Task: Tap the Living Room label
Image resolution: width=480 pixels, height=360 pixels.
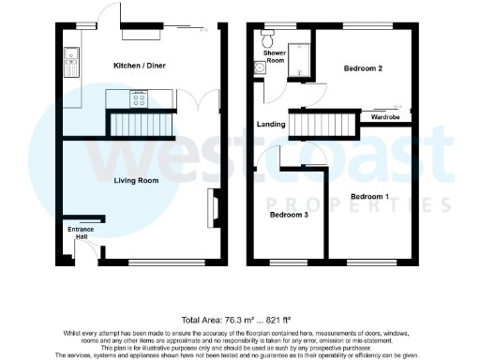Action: point(141,181)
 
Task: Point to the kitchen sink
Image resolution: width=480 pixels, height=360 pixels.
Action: point(70,64)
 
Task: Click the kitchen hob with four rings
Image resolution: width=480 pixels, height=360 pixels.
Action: point(140,97)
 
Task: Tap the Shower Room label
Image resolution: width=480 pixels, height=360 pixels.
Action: point(275,58)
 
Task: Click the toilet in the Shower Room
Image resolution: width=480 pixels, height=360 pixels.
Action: point(268,38)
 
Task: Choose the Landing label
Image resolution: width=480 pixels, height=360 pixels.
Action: point(271,124)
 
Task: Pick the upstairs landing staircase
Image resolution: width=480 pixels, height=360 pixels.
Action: point(324,122)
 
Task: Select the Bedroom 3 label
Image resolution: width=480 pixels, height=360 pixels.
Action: point(289,215)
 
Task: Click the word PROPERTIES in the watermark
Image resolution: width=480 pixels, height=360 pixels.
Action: point(352,204)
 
